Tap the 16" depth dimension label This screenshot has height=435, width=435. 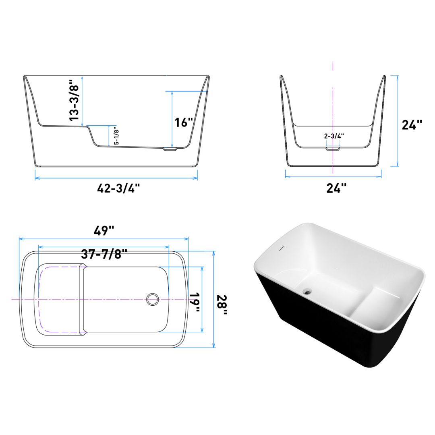(x=184, y=122)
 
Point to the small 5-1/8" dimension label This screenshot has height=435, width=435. (x=116, y=136)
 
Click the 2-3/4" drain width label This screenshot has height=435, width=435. (x=334, y=136)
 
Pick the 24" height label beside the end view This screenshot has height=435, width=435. (x=412, y=125)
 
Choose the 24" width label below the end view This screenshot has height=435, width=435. (x=337, y=188)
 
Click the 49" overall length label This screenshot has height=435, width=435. (x=104, y=231)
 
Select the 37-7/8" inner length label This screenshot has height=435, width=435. (x=104, y=254)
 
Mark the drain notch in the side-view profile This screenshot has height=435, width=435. (x=170, y=149)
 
